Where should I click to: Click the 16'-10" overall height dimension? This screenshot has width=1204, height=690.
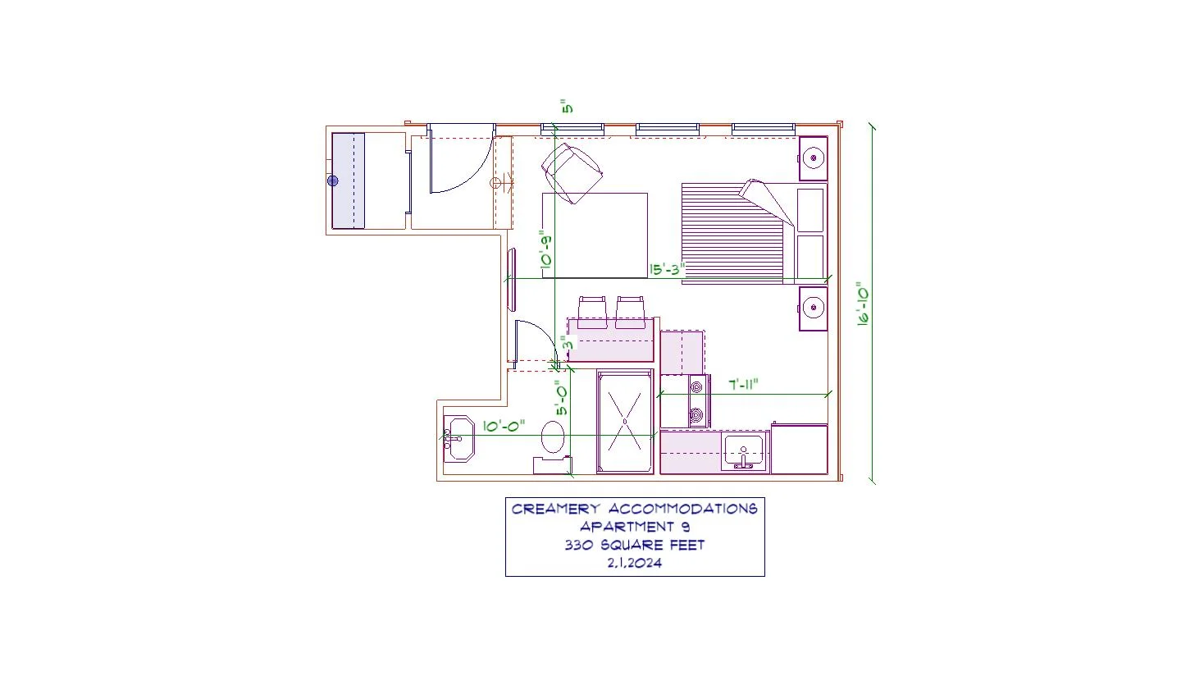coord(864,304)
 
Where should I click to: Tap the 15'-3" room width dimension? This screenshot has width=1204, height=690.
coord(667,269)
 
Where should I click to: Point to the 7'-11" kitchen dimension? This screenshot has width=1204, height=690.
coord(743,385)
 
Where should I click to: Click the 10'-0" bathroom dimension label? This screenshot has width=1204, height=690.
coord(504,427)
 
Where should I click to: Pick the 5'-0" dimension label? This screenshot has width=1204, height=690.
coord(562,398)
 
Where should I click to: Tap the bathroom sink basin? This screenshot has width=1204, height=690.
coord(460,438)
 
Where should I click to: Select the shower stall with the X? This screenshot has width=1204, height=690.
coord(625,421)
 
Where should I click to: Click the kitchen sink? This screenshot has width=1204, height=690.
coord(744,451)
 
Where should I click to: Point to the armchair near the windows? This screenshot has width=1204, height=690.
coord(572,172)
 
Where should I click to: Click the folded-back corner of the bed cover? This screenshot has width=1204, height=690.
coord(766,201)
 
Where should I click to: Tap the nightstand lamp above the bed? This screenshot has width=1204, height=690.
coord(814,158)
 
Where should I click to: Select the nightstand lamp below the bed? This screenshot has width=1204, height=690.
coord(814,308)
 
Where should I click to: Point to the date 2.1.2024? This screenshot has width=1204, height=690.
coord(635,563)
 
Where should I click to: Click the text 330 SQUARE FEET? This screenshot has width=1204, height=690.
coord(635,545)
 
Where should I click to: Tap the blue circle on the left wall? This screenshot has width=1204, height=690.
coord(333,181)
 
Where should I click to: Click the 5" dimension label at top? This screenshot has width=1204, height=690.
coord(567,107)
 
